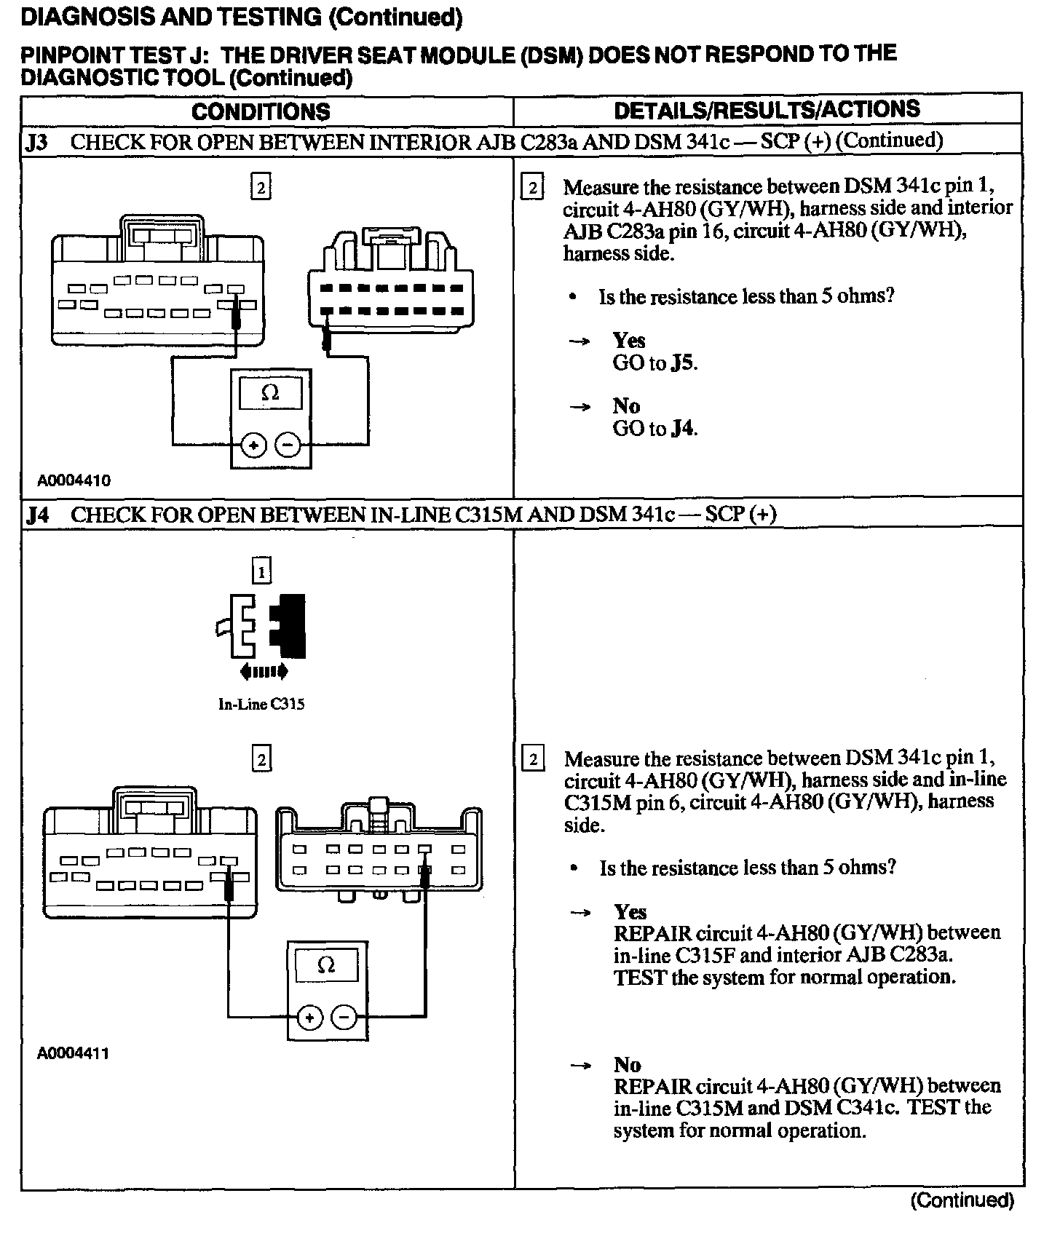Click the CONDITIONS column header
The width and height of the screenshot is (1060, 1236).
tap(261, 111)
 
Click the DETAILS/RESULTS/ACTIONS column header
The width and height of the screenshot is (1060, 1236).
tap(767, 110)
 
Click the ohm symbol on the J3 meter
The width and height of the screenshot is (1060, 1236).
tap(270, 393)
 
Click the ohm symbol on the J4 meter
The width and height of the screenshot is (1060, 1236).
tap(327, 965)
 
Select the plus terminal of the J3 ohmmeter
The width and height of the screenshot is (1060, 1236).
tap(253, 444)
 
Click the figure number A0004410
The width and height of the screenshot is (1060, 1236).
tap(74, 480)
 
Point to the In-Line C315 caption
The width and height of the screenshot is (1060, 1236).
tap(261, 704)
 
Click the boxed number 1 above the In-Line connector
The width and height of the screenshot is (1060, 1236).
tap(261, 571)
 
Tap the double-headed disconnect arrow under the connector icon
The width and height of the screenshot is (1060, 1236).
tap(263, 671)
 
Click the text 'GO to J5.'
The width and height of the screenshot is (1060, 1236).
tap(654, 363)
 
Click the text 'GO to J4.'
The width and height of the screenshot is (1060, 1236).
tap(654, 428)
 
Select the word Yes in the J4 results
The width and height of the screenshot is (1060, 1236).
tap(630, 912)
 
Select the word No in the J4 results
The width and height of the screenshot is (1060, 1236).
tap(627, 1065)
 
